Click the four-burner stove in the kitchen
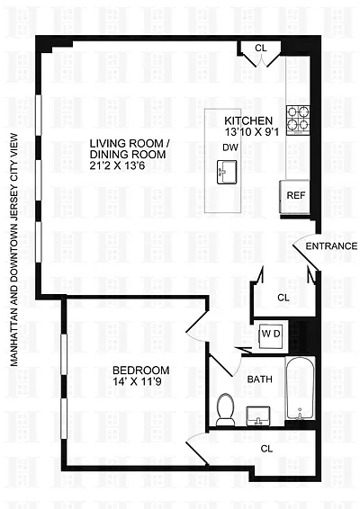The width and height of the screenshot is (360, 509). pyautogui.click(x=298, y=120)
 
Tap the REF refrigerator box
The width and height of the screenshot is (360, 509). pyautogui.click(x=295, y=197)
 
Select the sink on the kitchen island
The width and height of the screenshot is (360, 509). pyautogui.click(x=227, y=172)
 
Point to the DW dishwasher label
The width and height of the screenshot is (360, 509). pyautogui.click(x=230, y=147)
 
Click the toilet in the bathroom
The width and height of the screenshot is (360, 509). pyautogui.click(x=226, y=409)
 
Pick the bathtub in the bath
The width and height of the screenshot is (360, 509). pyautogui.click(x=301, y=388)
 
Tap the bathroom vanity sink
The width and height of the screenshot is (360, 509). pyautogui.click(x=258, y=415)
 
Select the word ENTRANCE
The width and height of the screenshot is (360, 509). pyautogui.click(x=331, y=246)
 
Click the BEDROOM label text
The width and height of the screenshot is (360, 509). pyautogui.click(x=141, y=371)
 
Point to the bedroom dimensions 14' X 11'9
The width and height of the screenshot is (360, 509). pyautogui.click(x=137, y=381)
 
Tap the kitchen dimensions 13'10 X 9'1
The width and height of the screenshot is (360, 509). pyautogui.click(x=252, y=132)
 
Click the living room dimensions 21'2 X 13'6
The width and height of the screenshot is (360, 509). pyautogui.click(x=117, y=165)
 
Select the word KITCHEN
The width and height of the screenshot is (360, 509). pyautogui.click(x=248, y=121)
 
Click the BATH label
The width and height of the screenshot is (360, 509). pyautogui.click(x=259, y=380)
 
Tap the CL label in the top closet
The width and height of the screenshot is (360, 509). pyautogui.click(x=261, y=48)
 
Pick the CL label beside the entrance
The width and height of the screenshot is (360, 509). pyautogui.click(x=283, y=298)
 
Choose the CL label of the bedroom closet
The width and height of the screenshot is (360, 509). pyautogui.click(x=266, y=449)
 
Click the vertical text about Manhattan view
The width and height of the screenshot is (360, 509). pyautogui.click(x=14, y=250)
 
